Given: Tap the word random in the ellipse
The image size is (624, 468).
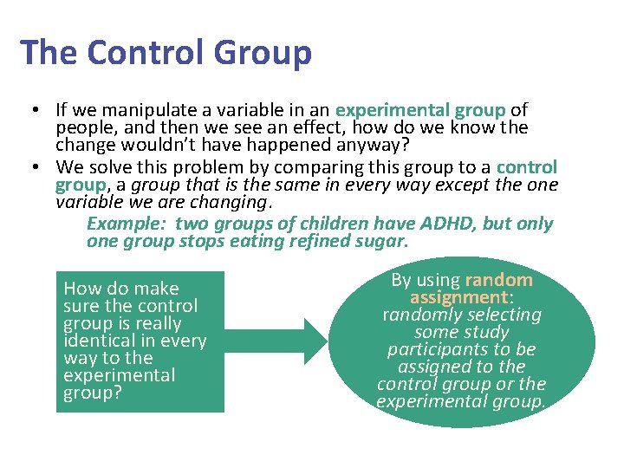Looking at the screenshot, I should [498, 280].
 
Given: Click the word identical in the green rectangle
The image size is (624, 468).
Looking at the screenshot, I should [101, 341].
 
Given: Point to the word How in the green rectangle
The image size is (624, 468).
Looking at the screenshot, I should [82, 289].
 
